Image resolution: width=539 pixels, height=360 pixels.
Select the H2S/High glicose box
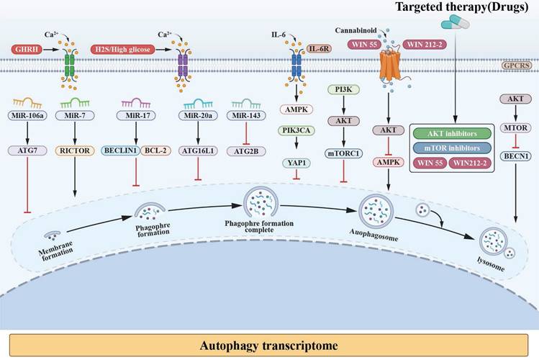click(x=124, y=50)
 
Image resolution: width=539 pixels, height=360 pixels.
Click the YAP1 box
click(x=296, y=163)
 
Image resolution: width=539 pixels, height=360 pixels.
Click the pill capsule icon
click(x=453, y=25)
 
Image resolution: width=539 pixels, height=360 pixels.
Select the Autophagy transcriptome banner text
click(x=270, y=343)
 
